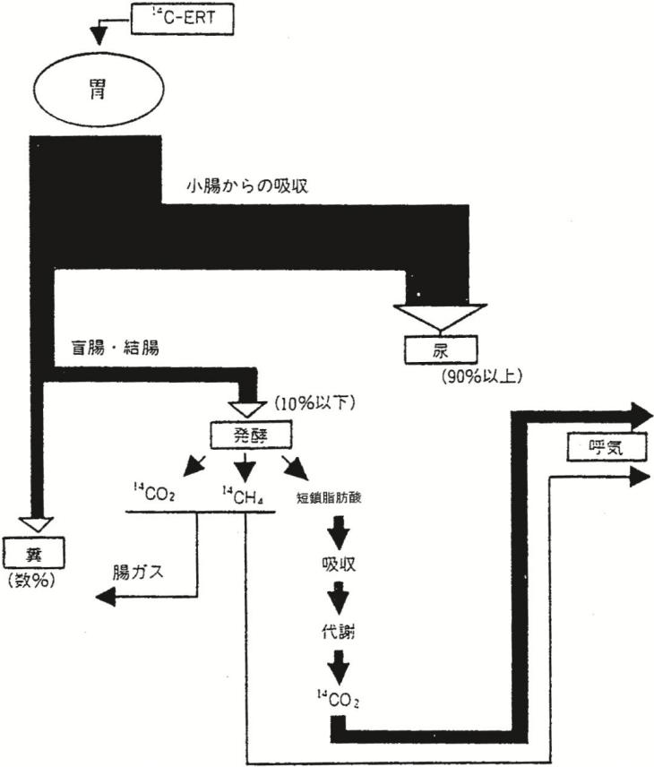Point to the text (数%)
pos(30,581)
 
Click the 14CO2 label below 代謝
pos(337,695)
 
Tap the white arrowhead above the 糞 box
pos(38,525)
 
